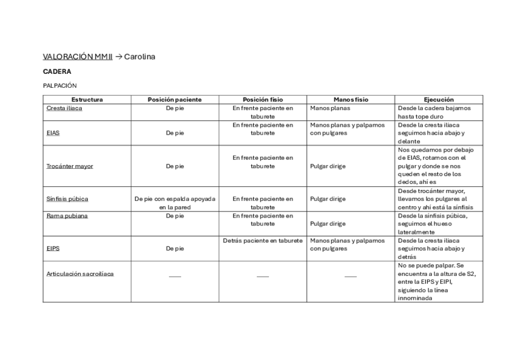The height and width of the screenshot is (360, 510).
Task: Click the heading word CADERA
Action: click(57, 72)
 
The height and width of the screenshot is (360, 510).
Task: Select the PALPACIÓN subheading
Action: click(60, 86)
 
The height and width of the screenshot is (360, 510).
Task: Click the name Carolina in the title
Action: click(140, 57)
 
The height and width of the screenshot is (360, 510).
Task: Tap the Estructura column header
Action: click(87, 100)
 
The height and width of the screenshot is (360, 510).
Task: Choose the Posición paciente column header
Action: click(174, 100)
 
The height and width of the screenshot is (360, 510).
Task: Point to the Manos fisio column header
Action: click(351, 100)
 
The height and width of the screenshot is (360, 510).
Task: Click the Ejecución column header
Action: click(438, 100)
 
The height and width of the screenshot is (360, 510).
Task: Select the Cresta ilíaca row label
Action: click(64, 108)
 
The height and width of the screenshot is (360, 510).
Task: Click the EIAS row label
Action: click(53, 133)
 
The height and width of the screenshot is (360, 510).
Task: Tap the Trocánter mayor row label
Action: click(70, 166)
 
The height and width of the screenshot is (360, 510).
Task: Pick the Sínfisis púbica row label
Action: click(67, 198)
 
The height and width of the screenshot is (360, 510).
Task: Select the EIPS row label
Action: click(53, 248)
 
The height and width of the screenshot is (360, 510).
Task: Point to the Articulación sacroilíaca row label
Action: click(80, 273)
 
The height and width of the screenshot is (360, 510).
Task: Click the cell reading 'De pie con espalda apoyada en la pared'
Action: click(174, 203)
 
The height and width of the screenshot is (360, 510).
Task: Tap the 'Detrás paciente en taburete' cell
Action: click(263, 240)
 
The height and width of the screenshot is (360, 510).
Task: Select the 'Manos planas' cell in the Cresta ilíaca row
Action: click(330, 108)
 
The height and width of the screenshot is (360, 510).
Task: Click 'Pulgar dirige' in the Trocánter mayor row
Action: click(328, 166)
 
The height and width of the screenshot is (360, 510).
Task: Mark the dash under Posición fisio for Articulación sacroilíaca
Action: click(263, 276)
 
